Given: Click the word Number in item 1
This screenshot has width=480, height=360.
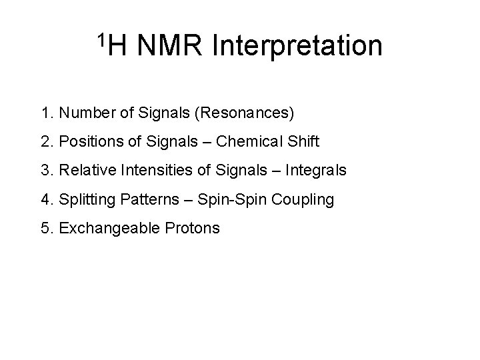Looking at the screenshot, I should point(83,113).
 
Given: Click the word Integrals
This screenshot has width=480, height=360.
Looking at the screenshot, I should point(315,170).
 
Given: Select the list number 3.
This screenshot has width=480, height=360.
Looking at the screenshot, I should point(44,170).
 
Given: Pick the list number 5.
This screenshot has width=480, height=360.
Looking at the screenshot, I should point(44,228).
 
